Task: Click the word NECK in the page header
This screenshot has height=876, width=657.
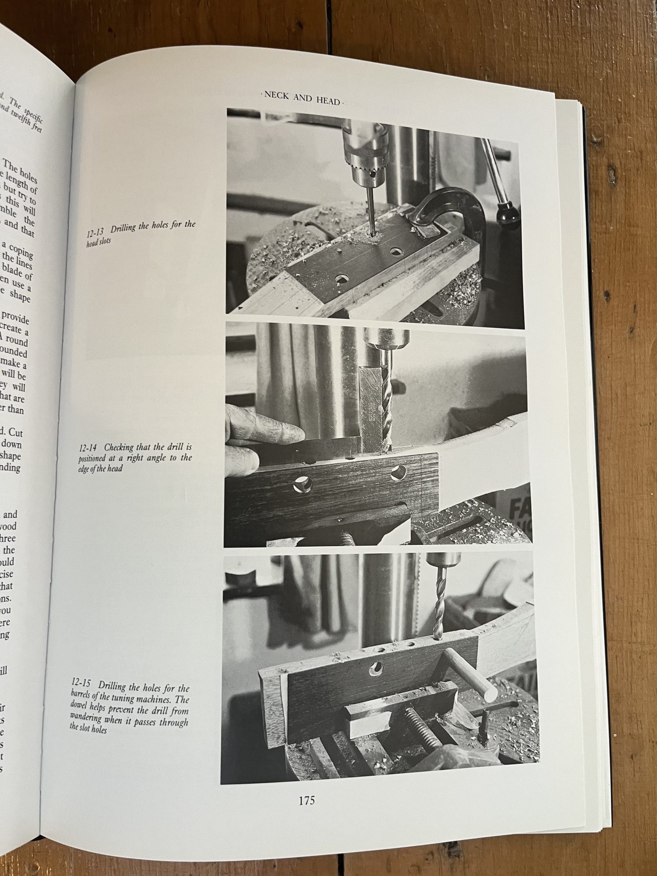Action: coord(277,96)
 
